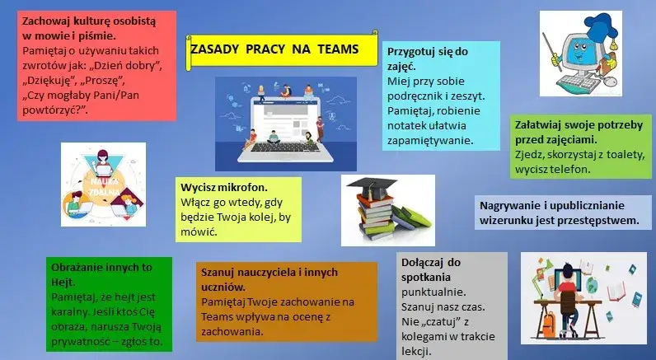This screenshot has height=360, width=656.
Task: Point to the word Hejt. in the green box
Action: pos(63,282)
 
